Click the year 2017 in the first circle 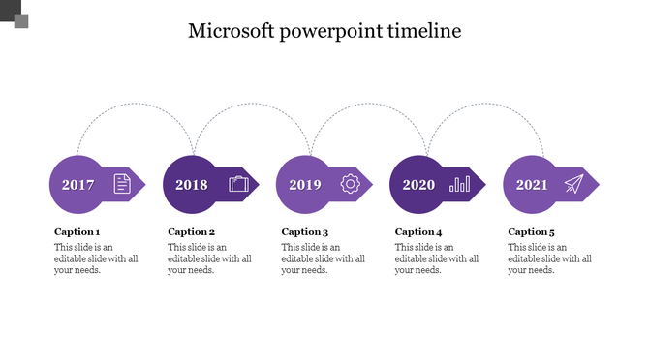[78, 184]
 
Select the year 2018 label [192, 184]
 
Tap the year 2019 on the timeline [305, 184]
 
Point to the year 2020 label [418, 184]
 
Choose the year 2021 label [532, 184]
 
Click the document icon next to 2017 [121, 184]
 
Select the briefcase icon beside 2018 [238, 184]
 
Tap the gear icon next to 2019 [350, 184]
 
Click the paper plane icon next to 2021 [574, 184]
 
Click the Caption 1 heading [77, 232]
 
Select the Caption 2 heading [192, 232]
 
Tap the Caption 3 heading [305, 232]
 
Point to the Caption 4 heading [418, 232]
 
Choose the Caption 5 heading [532, 232]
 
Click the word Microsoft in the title [231, 31]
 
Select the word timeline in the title [424, 31]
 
